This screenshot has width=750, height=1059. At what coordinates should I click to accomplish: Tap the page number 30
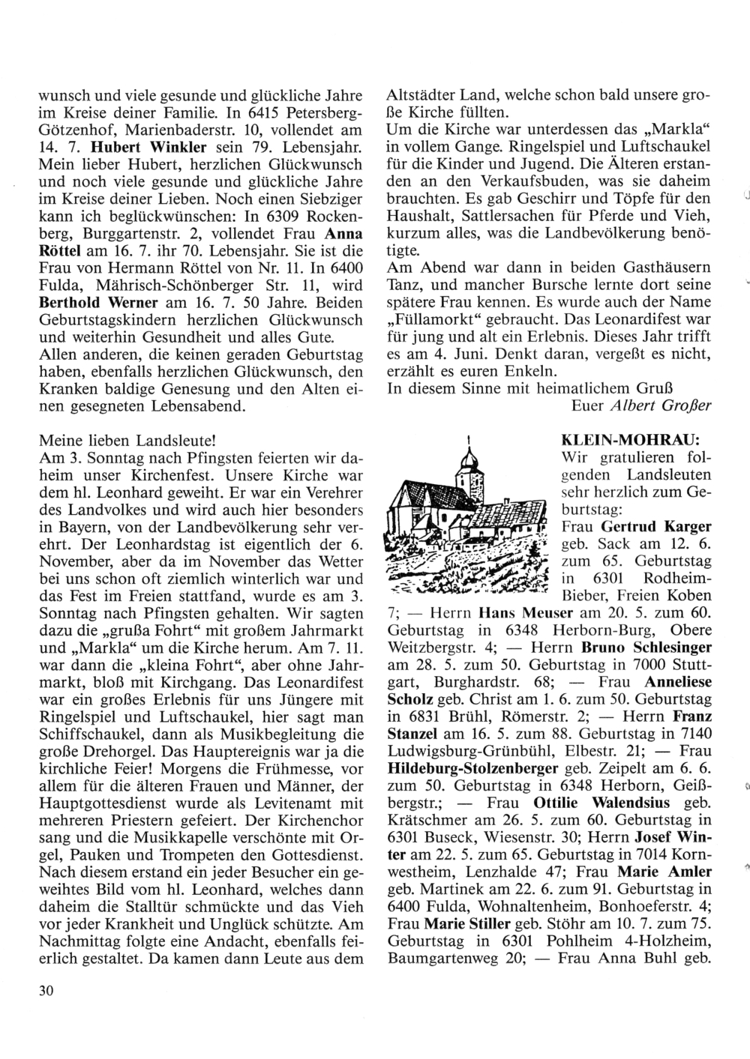click(x=46, y=991)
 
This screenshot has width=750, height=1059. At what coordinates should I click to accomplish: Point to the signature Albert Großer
click(x=662, y=406)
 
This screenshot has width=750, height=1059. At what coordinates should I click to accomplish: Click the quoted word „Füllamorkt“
click(x=426, y=319)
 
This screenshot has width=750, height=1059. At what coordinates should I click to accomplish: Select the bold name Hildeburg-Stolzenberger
click(x=472, y=767)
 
